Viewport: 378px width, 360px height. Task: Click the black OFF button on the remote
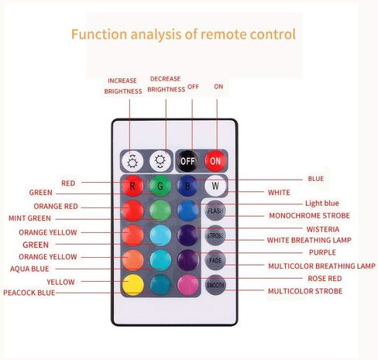coord(187,161)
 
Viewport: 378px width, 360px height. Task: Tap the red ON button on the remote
coord(215,161)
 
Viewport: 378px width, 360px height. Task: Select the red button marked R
coord(132,186)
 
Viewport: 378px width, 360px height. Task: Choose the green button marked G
coord(160,186)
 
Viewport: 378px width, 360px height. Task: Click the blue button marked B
coord(187,186)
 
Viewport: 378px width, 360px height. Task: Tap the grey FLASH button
coord(215,211)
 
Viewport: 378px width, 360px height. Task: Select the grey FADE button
coord(215,260)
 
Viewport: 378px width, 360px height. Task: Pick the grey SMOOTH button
coord(215,285)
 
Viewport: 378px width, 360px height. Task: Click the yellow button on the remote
coord(132,285)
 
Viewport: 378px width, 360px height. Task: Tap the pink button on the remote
coord(187,285)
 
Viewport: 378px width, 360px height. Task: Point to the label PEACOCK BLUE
coord(29,293)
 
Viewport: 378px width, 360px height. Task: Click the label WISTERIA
coord(323,229)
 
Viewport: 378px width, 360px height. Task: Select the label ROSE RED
coord(325,279)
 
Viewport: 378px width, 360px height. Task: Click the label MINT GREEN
coord(29,218)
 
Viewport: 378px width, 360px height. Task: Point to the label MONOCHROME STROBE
coord(310,215)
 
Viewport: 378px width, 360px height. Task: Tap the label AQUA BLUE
coord(29,269)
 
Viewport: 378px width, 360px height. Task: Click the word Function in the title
coord(99,34)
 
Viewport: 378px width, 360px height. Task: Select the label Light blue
coord(322,203)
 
